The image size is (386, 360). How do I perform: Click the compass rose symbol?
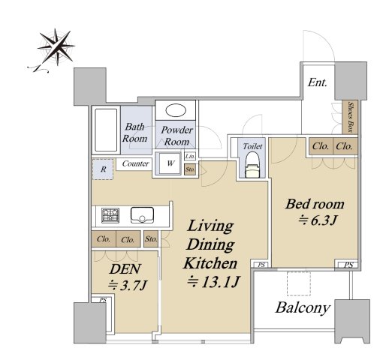pos(56,47)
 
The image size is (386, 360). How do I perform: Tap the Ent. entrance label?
pos(318,82)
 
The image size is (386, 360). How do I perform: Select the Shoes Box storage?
pos(350,117)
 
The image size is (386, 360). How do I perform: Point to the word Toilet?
pos(252,146)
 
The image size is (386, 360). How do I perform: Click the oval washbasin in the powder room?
pos(176,110)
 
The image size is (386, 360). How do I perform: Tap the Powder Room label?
pos(176,136)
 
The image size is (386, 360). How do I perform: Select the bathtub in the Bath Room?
pos(106,130)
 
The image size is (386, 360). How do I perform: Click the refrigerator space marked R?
pos(103,169)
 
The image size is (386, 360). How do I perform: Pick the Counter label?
pos(135,163)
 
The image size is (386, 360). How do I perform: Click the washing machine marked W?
pos(170,163)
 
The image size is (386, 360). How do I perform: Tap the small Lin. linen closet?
pos(190,157)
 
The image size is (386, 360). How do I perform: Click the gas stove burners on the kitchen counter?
pos(110,215)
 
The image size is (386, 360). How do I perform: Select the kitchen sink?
pos(142,215)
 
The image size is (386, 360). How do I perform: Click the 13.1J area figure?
pos(214,282)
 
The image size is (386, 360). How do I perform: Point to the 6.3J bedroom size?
pos(318,220)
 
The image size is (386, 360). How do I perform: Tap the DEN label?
pos(125,269)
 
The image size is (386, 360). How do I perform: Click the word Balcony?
pos(303,307)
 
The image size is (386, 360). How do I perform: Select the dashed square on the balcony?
pos(299,283)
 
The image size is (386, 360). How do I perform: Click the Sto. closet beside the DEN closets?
pos(151,239)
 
